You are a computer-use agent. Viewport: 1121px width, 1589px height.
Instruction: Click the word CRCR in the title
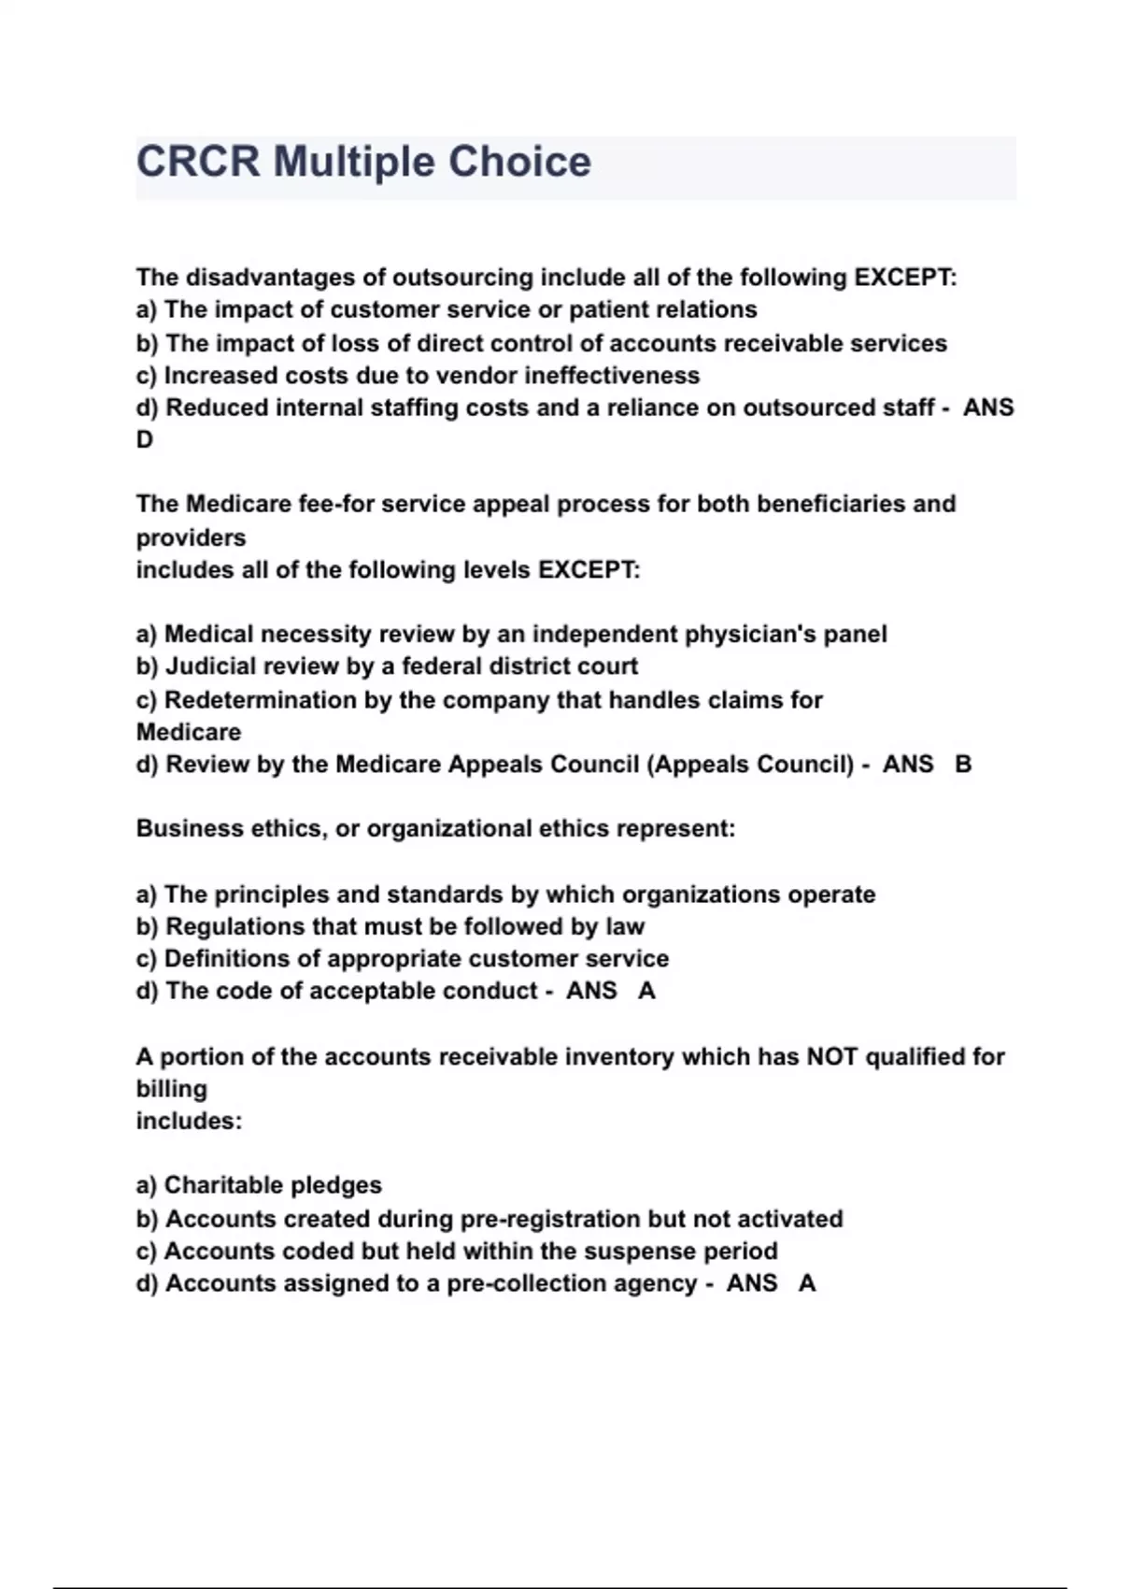click(197, 162)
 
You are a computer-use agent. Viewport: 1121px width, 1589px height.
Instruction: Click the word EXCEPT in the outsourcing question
click(903, 278)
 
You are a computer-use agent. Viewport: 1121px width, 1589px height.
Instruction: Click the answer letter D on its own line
click(145, 440)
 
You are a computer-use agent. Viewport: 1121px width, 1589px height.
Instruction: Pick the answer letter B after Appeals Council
click(963, 765)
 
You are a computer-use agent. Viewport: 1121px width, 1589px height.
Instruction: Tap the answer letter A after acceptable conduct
click(646, 992)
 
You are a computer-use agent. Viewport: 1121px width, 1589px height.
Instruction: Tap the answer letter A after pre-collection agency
click(807, 1283)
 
